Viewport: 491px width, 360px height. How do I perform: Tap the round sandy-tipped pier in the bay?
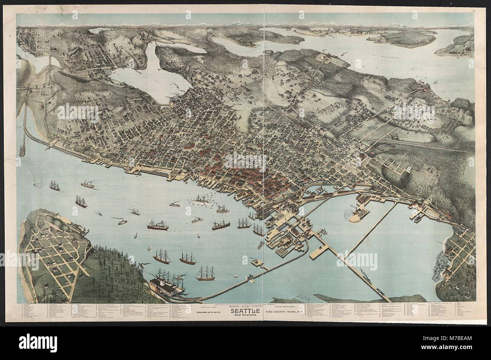point(356,215)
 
